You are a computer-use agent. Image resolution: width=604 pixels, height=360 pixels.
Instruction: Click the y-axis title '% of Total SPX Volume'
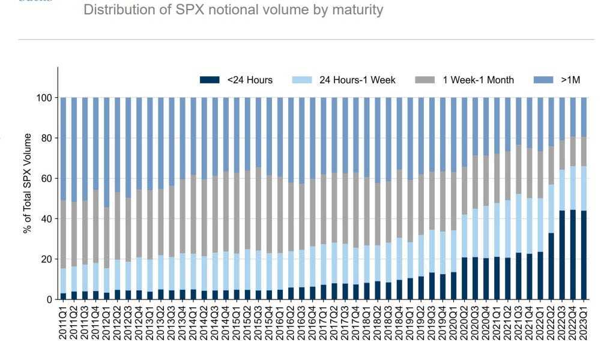pyautogui.click(x=28, y=184)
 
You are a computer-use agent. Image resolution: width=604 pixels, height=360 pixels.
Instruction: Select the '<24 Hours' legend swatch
pyautogui.click(x=211, y=80)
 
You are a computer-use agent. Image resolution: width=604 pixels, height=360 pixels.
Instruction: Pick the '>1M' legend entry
pyautogui.click(x=570, y=80)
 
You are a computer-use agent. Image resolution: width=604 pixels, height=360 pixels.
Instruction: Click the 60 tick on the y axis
pyautogui.click(x=48, y=178)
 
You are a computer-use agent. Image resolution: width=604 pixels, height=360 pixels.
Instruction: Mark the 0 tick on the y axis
pyautogui.click(x=50, y=299)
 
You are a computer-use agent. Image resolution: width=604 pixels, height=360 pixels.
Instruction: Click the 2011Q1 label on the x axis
pyautogui.click(x=64, y=327)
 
